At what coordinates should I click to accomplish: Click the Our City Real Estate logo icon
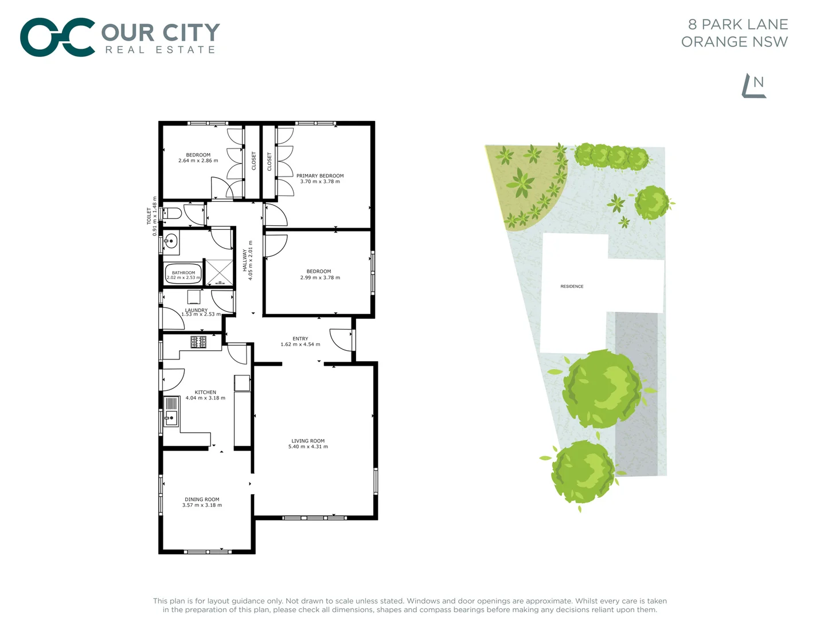(x=57, y=37)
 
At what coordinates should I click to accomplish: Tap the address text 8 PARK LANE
(x=738, y=25)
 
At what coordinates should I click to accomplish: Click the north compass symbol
(x=755, y=87)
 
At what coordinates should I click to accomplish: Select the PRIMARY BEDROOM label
(x=320, y=176)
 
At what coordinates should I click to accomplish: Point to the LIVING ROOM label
(x=308, y=441)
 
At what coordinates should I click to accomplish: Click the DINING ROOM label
(x=202, y=499)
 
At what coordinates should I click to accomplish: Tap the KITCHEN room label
(x=205, y=392)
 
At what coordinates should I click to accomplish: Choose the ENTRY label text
(x=300, y=339)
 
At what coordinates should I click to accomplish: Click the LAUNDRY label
(x=196, y=310)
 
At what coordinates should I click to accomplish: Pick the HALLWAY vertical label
(x=245, y=260)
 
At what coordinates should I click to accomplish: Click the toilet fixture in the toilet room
(x=172, y=214)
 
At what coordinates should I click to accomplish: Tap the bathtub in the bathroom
(x=183, y=273)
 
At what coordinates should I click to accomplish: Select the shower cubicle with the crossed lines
(x=220, y=272)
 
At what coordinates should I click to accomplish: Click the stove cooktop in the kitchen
(x=198, y=342)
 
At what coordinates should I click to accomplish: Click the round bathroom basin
(x=171, y=241)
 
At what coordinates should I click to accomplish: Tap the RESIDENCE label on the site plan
(x=572, y=287)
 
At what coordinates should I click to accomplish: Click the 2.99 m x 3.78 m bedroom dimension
(x=320, y=278)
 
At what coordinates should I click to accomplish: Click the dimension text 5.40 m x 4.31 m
(x=308, y=447)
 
